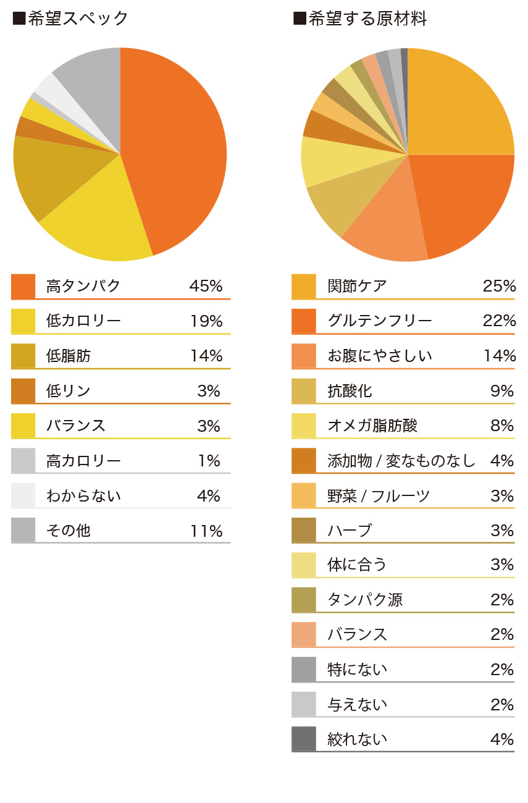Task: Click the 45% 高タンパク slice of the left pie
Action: (179, 148)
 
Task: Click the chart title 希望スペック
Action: (77, 19)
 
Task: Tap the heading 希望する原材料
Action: (367, 19)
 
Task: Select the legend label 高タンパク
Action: (83, 286)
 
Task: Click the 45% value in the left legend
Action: (206, 286)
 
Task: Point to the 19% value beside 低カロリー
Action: (206, 321)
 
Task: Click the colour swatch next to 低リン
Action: (23, 391)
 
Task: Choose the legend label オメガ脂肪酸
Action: (372, 426)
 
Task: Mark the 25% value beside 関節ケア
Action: (499, 286)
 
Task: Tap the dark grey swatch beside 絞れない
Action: (304, 739)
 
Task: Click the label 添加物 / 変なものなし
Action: (401, 461)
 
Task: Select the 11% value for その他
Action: (206, 531)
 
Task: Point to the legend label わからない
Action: (83, 495)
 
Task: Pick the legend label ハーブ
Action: (350, 530)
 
